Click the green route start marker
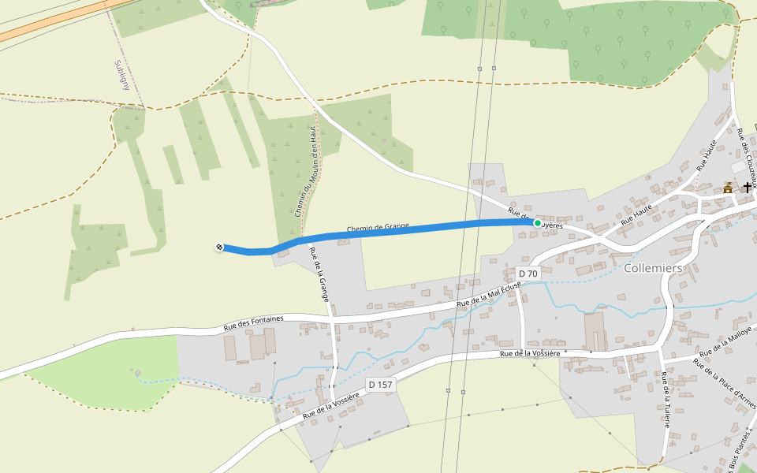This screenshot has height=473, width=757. (538, 223)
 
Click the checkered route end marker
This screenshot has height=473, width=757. (218, 248)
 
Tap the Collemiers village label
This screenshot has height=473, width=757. (652, 268)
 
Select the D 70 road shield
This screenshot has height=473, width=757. (528, 274)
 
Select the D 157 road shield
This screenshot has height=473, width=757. (380, 385)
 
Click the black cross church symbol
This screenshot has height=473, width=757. (747, 187)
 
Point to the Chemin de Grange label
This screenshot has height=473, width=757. (378, 229)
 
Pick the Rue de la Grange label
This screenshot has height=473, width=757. (319, 274)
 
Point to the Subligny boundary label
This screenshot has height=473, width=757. (121, 74)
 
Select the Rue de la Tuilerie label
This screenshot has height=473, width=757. (666, 399)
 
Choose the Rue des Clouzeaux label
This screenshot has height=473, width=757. (747, 153)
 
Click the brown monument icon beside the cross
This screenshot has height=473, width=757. (728, 188)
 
